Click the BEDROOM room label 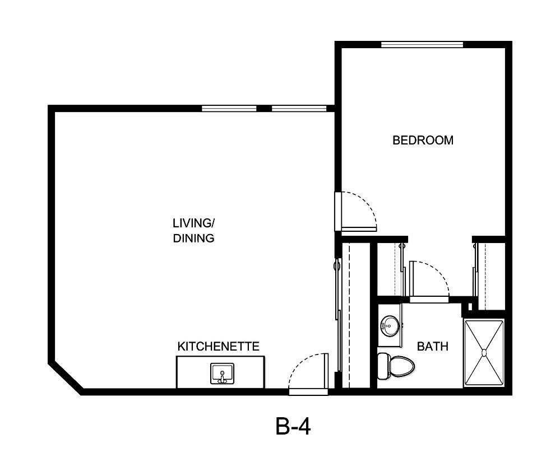pyautogui.click(x=423, y=140)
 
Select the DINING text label pyautogui.click(x=193, y=238)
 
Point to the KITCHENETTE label pyautogui.click(x=219, y=347)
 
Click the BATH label pyautogui.click(x=433, y=347)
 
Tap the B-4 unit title pyautogui.click(x=293, y=427)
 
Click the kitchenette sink pyautogui.click(x=223, y=374)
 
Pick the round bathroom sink pyautogui.click(x=390, y=324)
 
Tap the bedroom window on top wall pyautogui.click(x=422, y=45)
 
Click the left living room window pyautogui.click(x=229, y=108)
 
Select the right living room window pyautogui.click(x=299, y=108)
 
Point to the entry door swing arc pyautogui.click(x=306, y=370)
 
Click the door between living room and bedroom pyautogui.click(x=357, y=212)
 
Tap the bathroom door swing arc pyautogui.click(x=431, y=277)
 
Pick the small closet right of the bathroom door pyautogui.click(x=489, y=274)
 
